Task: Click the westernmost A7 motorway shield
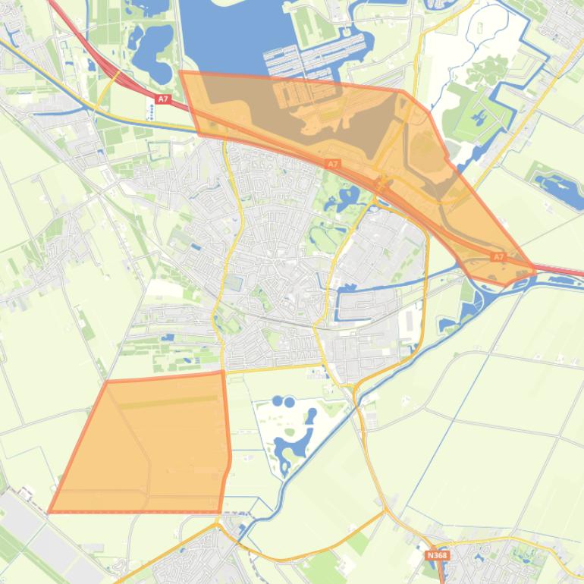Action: pyautogui.click(x=163, y=99)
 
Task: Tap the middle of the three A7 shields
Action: pyautogui.click(x=333, y=164)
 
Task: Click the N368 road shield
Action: pyautogui.click(x=436, y=556)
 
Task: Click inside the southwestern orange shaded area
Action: pyautogui.click(x=144, y=455)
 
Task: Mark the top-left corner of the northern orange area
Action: pyautogui.click(x=181, y=73)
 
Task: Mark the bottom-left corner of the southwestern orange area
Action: pyautogui.click(x=50, y=512)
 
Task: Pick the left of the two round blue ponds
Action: pyautogui.click(x=278, y=400)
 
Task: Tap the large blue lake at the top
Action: pyautogui.click(x=228, y=38)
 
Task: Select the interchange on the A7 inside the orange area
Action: pyautogui.click(x=381, y=182)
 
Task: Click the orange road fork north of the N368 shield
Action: pyautogui.click(x=387, y=512)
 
